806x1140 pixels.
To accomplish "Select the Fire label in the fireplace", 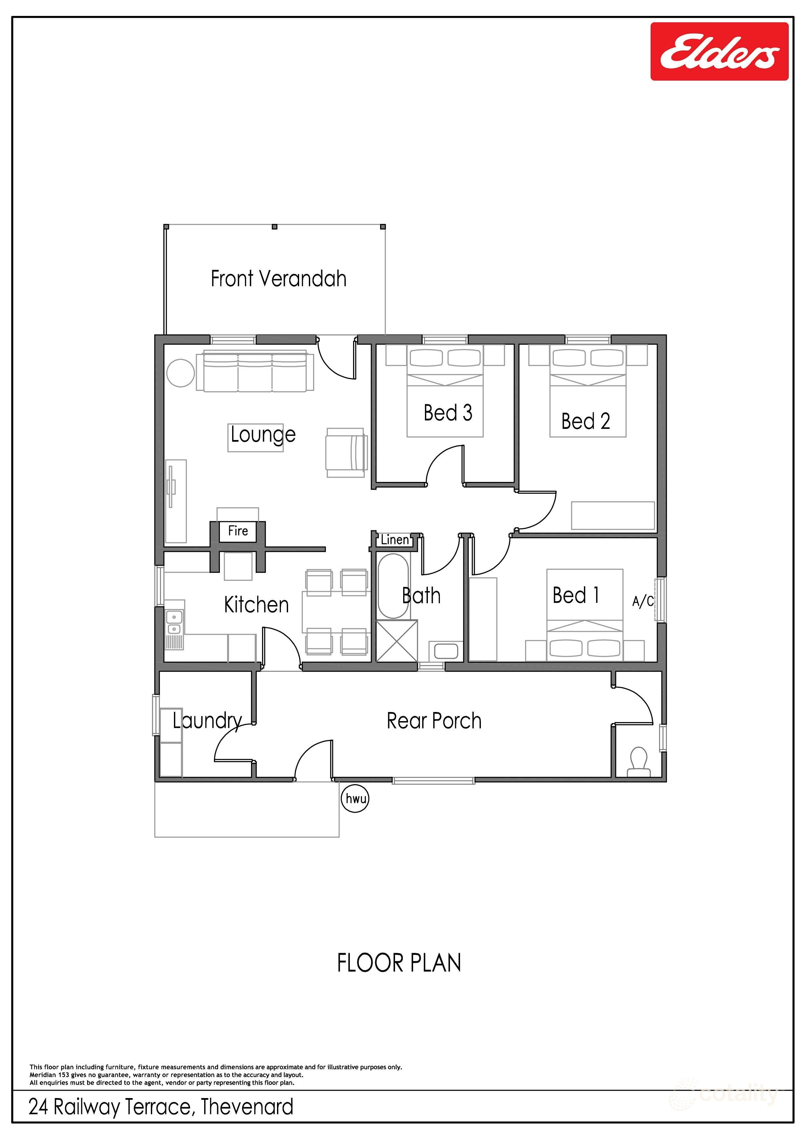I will pyautogui.click(x=238, y=531).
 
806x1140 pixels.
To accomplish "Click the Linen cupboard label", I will pyautogui.click(x=395, y=540).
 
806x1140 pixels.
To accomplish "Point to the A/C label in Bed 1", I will pyautogui.click(x=642, y=602).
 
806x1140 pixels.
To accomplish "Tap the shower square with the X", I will pyautogui.click(x=397, y=641).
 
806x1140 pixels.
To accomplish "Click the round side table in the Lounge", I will pyautogui.click(x=180, y=372).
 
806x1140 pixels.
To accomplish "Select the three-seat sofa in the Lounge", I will pyautogui.click(x=255, y=371).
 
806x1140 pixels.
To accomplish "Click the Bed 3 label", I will pyautogui.click(x=447, y=413).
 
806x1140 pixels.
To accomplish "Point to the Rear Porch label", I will pyautogui.click(x=434, y=721).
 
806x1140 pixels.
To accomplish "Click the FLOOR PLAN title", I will pyautogui.click(x=399, y=963).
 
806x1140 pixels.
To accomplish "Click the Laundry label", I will pyautogui.click(x=207, y=721).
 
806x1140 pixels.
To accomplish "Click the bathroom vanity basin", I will pyautogui.click(x=445, y=651).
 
